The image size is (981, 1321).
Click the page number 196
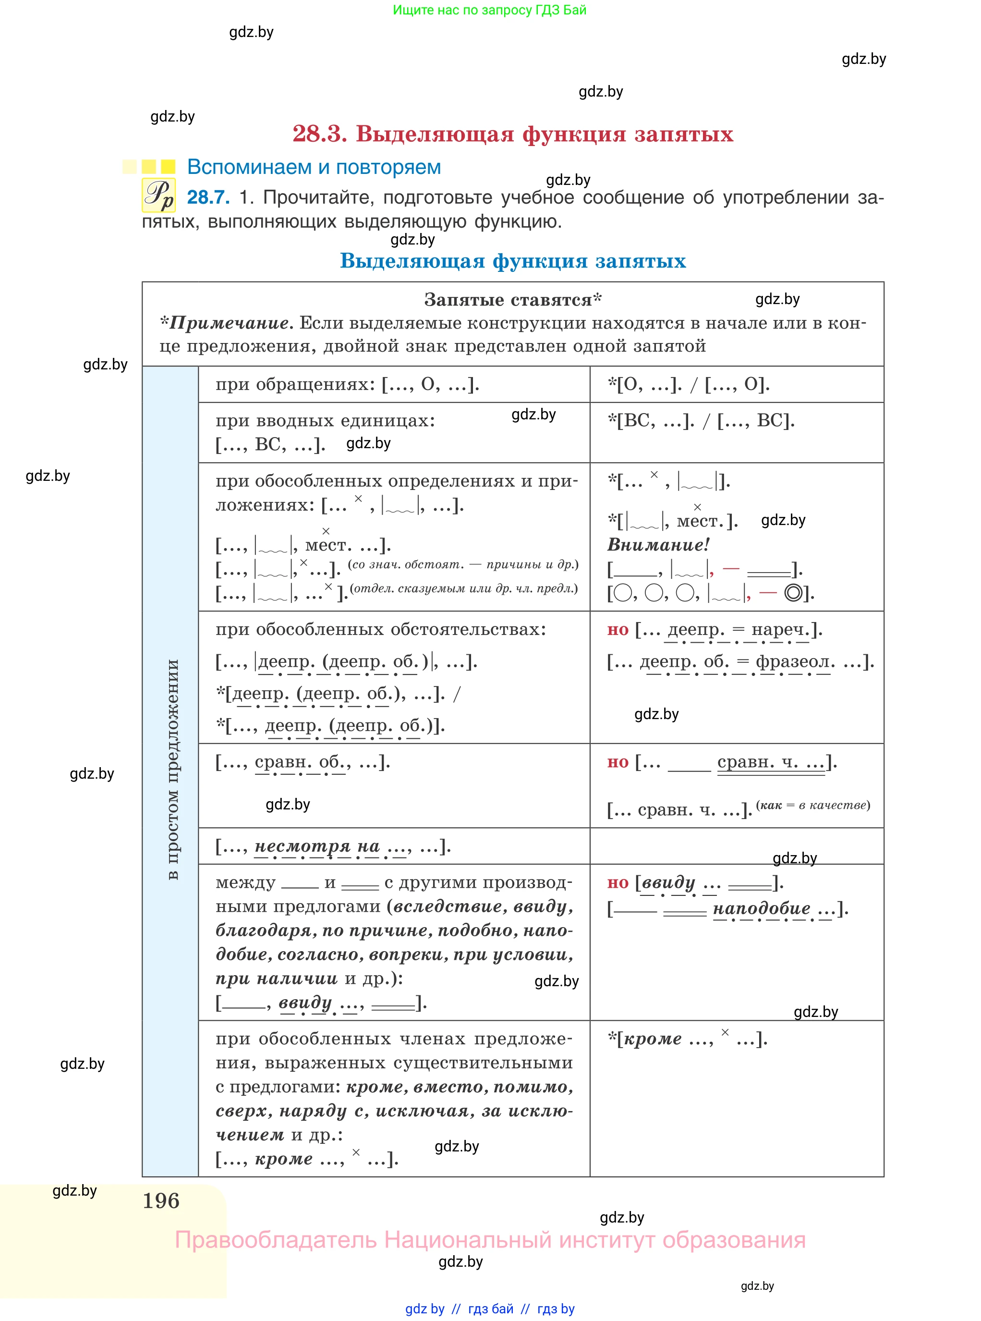coord(161,1201)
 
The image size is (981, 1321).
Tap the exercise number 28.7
coord(208,197)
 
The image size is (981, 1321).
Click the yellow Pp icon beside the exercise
coord(158,196)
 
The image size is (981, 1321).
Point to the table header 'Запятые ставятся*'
coord(512,300)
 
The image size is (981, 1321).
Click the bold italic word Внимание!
coord(657,545)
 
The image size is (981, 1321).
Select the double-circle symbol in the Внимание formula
coord(793,593)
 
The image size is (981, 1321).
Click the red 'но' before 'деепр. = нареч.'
coord(618,630)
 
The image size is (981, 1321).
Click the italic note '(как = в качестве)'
coord(813,806)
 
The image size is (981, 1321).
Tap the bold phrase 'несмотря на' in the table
coord(317,846)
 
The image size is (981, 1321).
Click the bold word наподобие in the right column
coord(761,908)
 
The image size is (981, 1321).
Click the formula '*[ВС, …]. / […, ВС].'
coord(701,420)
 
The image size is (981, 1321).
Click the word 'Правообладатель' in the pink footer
coord(276,1240)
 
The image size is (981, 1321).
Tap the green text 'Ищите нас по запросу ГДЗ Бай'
coord(489,10)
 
